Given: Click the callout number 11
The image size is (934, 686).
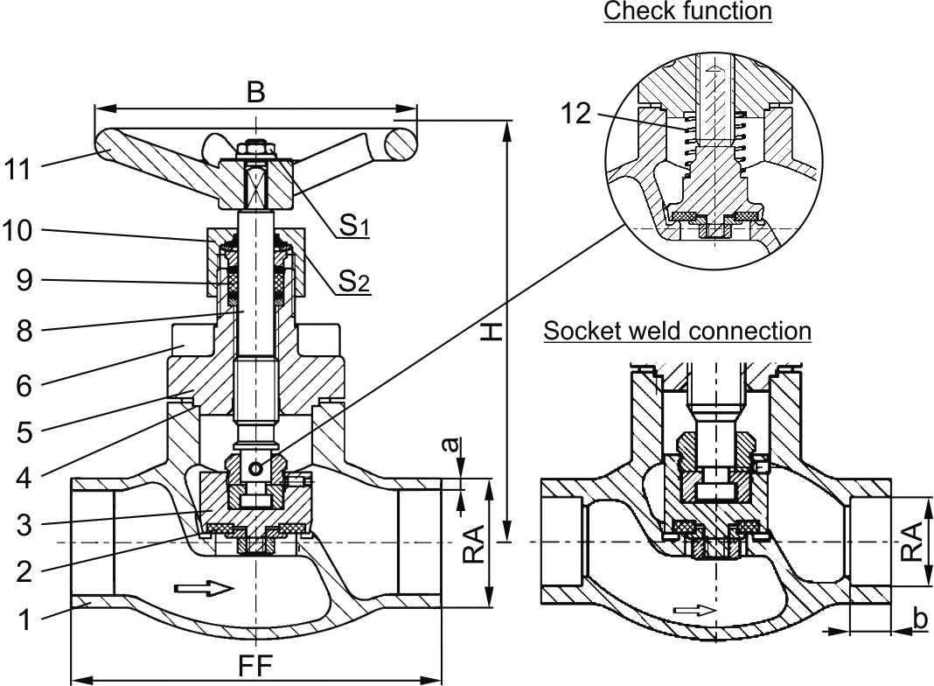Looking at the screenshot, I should point(19,169).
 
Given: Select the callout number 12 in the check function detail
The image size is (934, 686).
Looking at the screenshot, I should point(578,114).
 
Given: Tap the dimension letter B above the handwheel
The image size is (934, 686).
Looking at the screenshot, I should point(255,94).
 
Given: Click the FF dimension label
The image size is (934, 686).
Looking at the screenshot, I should point(254,666).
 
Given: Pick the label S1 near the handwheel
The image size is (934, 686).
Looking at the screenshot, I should point(353,226).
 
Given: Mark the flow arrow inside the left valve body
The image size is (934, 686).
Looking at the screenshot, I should point(205,588).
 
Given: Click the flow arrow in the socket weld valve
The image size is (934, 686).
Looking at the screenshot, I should point(695,610).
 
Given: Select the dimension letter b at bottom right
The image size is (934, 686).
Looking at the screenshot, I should point(919,619).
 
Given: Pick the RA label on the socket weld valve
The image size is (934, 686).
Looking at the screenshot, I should point(912,541).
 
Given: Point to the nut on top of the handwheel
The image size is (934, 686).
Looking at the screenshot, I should point(255,146).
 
